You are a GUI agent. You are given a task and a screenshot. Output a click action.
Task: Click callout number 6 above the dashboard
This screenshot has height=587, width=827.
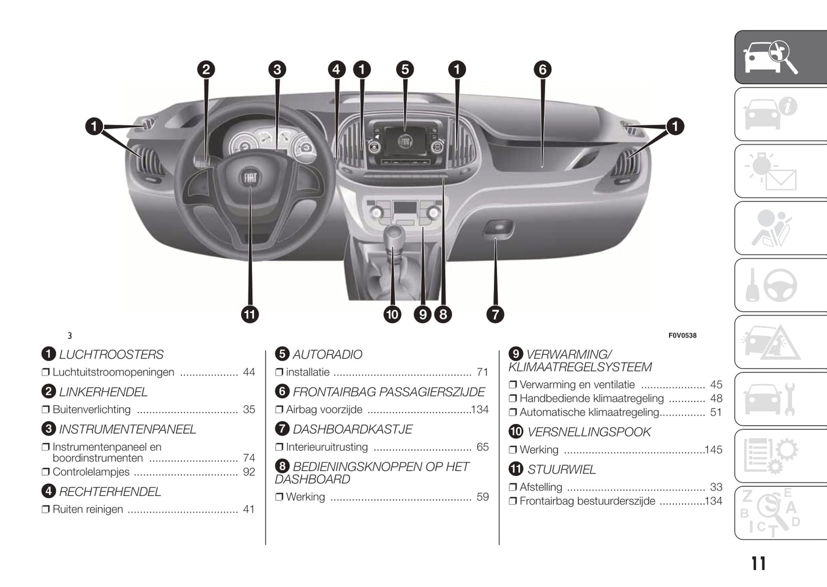click(543, 70)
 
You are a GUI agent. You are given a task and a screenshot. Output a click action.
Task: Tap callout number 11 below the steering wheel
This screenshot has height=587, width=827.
click(250, 314)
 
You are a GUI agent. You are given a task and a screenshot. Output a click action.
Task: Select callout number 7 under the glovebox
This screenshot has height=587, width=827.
click(495, 314)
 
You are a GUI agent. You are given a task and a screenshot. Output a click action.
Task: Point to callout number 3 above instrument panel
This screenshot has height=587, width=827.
click(277, 70)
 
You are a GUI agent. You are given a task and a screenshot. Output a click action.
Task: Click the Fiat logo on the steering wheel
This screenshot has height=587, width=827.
click(251, 178)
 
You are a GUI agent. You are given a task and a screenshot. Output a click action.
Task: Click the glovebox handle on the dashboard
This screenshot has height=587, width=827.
click(498, 228)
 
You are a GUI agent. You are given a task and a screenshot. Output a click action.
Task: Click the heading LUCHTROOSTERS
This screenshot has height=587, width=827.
click(111, 355)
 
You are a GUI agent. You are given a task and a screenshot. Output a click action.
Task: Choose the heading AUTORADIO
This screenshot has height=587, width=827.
click(327, 355)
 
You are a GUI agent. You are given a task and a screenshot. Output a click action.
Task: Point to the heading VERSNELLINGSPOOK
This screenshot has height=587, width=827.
click(589, 432)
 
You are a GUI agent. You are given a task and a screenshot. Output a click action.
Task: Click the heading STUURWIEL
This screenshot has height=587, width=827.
click(561, 470)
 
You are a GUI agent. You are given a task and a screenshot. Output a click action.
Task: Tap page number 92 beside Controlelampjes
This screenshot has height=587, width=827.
click(249, 472)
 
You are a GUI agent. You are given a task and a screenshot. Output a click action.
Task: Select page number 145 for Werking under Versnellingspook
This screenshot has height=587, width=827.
click(714, 450)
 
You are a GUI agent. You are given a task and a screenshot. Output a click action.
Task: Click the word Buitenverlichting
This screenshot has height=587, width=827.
click(92, 410)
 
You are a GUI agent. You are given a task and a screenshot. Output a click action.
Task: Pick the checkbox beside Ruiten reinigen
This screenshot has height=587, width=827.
click(46, 509)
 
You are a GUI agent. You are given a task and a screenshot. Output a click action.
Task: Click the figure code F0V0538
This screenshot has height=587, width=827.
click(682, 336)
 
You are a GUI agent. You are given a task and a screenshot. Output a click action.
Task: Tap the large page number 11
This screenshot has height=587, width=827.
click(758, 564)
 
